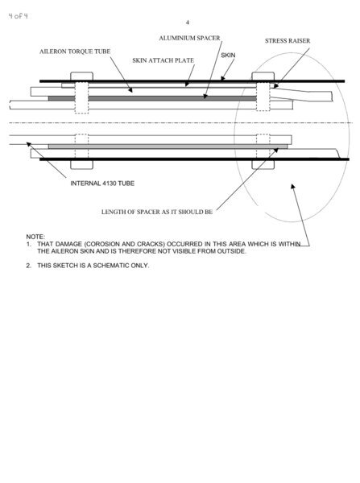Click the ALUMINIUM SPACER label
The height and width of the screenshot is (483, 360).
(x=189, y=38)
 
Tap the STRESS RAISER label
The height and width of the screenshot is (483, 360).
(x=288, y=41)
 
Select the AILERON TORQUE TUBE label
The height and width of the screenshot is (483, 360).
(x=75, y=52)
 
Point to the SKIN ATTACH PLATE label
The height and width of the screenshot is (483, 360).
(x=163, y=60)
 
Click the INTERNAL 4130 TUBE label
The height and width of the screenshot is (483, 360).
(x=102, y=184)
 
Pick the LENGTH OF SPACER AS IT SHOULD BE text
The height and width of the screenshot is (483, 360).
(x=157, y=212)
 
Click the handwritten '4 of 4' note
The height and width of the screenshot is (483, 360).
(x=18, y=16)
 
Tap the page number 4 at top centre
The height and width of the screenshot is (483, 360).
(x=188, y=23)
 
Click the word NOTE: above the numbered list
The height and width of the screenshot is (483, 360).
(x=35, y=237)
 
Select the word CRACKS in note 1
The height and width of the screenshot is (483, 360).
(x=149, y=244)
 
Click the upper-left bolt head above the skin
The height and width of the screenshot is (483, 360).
(x=81, y=76)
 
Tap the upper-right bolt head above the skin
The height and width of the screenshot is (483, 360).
(x=263, y=76)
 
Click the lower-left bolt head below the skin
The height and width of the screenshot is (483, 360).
(x=81, y=165)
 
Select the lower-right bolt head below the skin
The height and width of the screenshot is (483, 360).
(x=263, y=165)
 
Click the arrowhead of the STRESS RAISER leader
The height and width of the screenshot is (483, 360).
(x=275, y=86)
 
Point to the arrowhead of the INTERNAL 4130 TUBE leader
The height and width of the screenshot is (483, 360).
(x=28, y=144)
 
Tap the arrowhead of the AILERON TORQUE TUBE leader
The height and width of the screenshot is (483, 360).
(x=130, y=90)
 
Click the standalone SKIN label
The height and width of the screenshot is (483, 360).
(x=228, y=55)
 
